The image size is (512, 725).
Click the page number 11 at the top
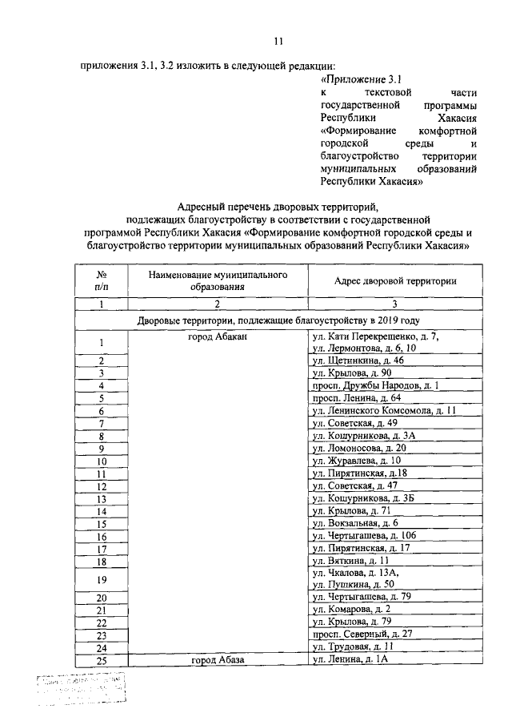(278, 41)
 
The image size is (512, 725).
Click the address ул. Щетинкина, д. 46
(358, 360)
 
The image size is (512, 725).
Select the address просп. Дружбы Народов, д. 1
(374, 385)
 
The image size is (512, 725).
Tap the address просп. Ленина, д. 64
(356, 397)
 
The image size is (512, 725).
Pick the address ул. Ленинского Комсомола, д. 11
(384, 410)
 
